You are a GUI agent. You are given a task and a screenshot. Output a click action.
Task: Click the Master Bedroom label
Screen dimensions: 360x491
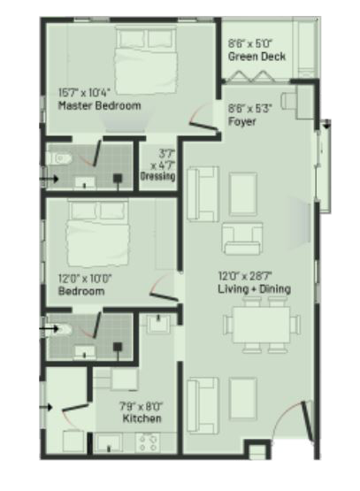(100, 105)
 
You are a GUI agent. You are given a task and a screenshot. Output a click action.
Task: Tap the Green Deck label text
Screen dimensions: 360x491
(257, 57)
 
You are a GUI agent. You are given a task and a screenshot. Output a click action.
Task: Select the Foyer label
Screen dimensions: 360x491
(241, 121)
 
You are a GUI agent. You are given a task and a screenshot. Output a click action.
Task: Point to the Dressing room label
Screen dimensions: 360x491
(157, 176)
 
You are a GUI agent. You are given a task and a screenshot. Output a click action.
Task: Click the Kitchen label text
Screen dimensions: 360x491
(142, 418)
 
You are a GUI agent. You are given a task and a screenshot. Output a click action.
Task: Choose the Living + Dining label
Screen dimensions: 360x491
(254, 288)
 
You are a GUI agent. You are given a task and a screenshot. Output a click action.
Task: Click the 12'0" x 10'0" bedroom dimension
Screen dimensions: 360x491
(85, 278)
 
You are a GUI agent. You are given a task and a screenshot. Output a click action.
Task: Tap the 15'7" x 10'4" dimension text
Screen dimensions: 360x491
(85, 93)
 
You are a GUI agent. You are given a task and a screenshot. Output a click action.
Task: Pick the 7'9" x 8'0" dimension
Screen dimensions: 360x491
(141, 406)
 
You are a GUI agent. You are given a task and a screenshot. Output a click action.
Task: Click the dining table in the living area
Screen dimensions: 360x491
(262, 325)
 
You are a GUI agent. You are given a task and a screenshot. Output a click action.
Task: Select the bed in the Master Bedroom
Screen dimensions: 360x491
(146, 60)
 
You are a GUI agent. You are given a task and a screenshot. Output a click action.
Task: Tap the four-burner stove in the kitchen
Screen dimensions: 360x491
(148, 442)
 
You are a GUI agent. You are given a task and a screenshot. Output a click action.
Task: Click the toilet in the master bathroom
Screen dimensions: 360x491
(59, 158)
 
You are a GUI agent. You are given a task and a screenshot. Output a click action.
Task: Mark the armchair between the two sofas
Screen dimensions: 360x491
(241, 239)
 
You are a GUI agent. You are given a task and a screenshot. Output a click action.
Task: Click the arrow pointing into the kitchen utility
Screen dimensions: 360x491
(46, 407)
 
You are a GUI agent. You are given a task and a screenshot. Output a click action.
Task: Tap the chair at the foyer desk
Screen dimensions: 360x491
(288, 101)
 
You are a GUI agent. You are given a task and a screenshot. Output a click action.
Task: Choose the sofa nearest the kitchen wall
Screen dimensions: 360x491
(203, 406)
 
